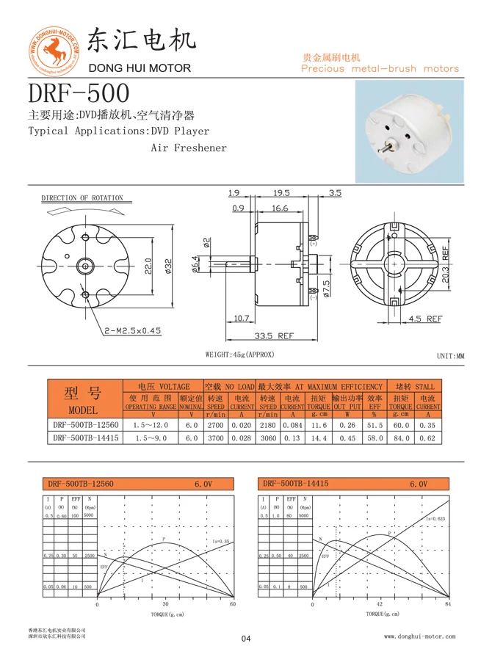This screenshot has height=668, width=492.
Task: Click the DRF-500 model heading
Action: (x=79, y=93)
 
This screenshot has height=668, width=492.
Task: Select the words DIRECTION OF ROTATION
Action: (x=82, y=198)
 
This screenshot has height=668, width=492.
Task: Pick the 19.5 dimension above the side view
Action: (x=281, y=193)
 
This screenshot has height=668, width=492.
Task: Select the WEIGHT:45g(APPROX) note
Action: (x=239, y=355)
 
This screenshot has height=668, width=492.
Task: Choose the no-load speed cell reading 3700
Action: (x=215, y=438)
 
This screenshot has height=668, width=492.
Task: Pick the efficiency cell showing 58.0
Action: (x=374, y=438)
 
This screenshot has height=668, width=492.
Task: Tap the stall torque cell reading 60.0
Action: (x=400, y=424)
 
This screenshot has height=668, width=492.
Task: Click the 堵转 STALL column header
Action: (x=414, y=386)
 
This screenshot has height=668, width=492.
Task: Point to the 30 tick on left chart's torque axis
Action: (x=165, y=604)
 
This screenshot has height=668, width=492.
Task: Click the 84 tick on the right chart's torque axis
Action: (x=448, y=604)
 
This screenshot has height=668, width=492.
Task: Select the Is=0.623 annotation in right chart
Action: (x=436, y=518)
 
